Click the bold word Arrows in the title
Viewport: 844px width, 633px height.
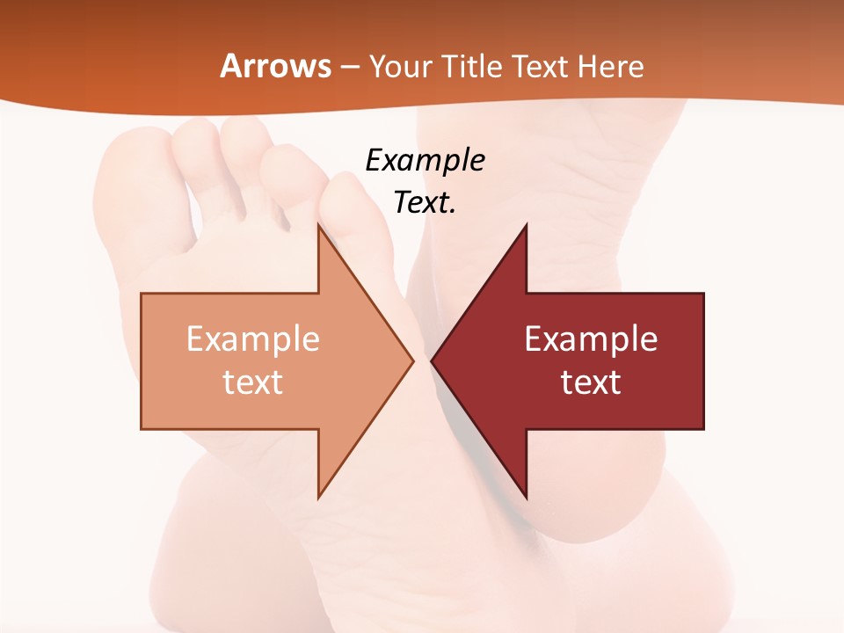(x=275, y=66)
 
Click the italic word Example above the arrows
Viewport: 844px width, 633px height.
(x=425, y=160)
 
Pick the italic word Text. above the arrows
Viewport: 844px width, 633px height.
(x=425, y=203)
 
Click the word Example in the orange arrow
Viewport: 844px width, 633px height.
(x=253, y=338)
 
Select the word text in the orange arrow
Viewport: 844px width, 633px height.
(x=253, y=382)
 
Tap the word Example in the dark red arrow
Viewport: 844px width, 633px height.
(x=591, y=338)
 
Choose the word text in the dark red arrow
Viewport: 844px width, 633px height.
(x=591, y=382)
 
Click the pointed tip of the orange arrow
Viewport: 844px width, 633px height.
(x=412, y=360)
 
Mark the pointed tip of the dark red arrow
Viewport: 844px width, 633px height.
(x=432, y=360)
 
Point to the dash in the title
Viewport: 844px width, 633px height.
(x=350, y=67)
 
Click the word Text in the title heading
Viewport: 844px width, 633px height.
(x=542, y=66)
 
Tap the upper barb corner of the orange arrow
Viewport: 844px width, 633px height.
(x=318, y=226)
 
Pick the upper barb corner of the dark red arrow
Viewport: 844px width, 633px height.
(x=526, y=226)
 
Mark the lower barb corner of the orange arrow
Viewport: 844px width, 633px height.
(x=318, y=498)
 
